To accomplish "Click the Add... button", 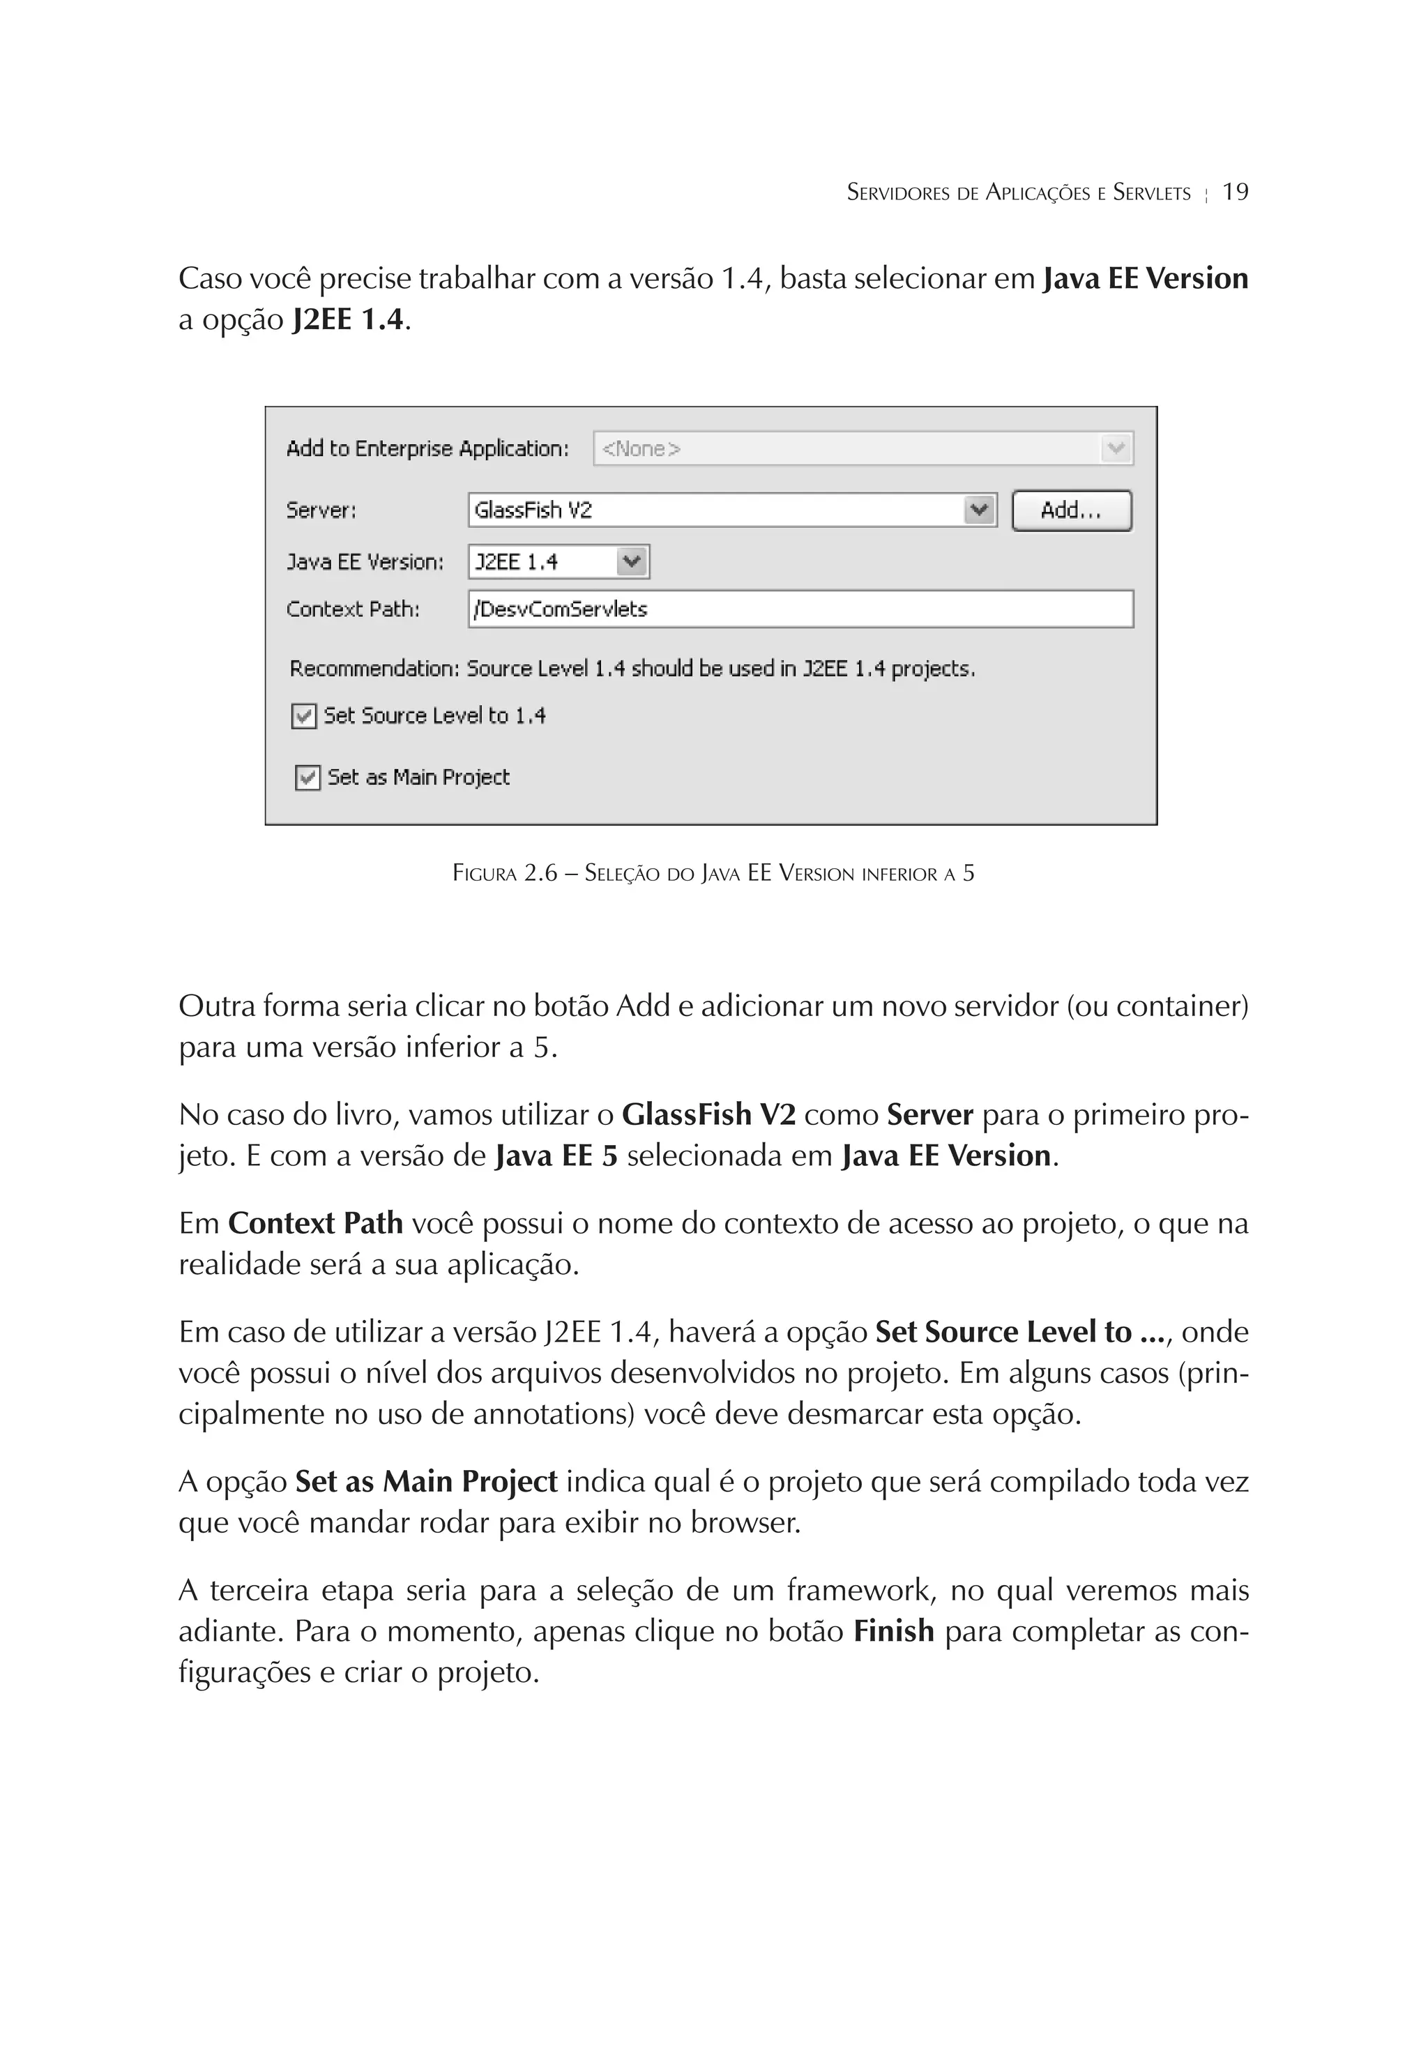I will coord(1070,510).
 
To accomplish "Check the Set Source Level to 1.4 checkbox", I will coord(304,716).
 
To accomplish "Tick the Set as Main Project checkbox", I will coord(307,778).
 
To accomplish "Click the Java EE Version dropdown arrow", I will coord(632,561).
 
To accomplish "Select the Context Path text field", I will coord(800,609).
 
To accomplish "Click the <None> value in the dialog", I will coord(641,449).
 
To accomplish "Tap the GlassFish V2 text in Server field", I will coord(534,510).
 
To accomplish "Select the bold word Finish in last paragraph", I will coord(893,1632).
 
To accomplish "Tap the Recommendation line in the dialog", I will coord(631,669).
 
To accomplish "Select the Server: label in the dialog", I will coord(321,510).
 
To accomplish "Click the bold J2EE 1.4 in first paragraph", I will coord(348,320).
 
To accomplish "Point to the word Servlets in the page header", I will coord(1152,193).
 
